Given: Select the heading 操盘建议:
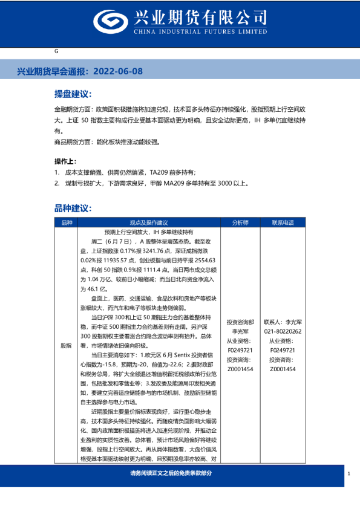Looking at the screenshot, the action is click(x=73, y=95).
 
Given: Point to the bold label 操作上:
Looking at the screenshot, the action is click(x=65, y=161).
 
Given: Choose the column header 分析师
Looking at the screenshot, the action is click(x=240, y=222).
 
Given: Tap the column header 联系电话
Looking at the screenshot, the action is click(x=283, y=222).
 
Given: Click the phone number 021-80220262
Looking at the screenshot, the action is click(x=283, y=331).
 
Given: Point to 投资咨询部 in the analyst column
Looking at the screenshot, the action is click(x=240, y=322).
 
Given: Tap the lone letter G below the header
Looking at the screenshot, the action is click(x=56, y=53).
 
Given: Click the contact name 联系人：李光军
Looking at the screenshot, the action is click(x=283, y=322).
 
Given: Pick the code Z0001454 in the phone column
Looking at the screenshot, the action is click(x=283, y=369).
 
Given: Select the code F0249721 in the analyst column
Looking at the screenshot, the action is click(x=240, y=350).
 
